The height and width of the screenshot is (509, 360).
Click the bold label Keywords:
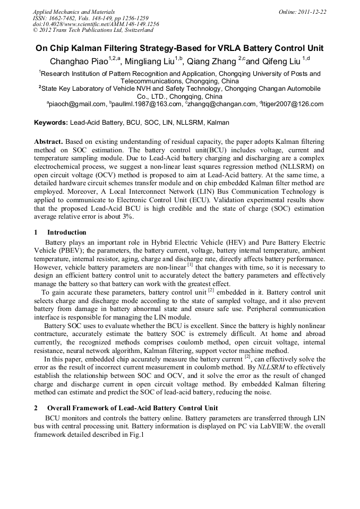click(51, 123)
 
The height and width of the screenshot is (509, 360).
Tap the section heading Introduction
click(66, 232)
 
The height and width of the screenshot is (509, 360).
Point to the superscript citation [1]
click(190, 264)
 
